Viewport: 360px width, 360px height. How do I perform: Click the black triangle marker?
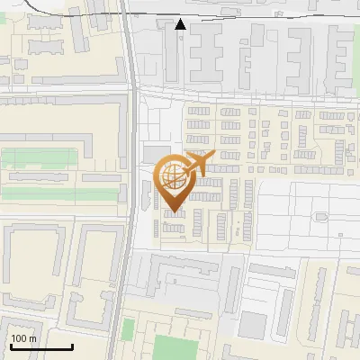(181, 24)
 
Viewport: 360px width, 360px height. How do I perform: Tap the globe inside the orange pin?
(174, 174)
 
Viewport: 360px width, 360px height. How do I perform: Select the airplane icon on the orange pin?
(199, 163)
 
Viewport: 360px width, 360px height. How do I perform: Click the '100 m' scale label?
(23, 338)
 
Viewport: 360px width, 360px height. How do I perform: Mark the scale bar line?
(40, 346)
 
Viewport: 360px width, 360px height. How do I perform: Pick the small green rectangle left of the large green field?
(128, 325)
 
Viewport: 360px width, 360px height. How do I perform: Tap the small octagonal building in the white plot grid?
(320, 216)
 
